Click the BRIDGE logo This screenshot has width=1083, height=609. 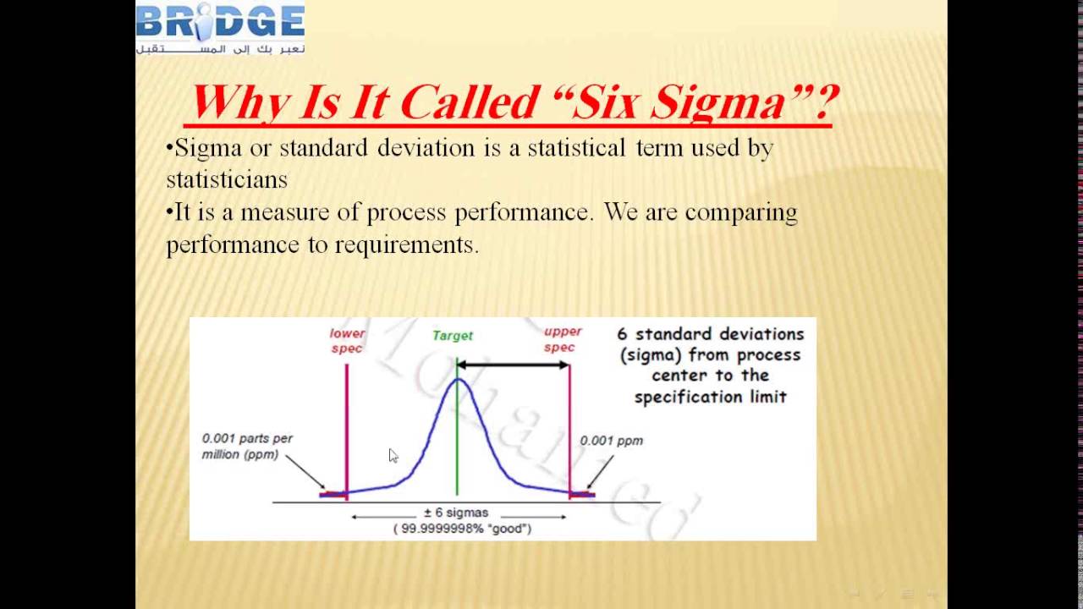(220, 28)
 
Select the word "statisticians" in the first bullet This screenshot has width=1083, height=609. (227, 180)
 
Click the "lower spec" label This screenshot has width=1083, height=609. (347, 341)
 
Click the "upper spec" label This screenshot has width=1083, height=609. (563, 340)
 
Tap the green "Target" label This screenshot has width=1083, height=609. (453, 336)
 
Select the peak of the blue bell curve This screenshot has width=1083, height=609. (458, 379)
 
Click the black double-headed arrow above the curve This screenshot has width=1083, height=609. (513, 365)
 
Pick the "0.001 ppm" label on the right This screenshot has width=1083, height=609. (611, 441)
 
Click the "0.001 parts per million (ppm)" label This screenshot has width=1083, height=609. (247, 446)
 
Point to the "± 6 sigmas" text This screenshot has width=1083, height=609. (456, 513)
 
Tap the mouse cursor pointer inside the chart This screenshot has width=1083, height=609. (392, 455)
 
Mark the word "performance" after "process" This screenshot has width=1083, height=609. (523, 212)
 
